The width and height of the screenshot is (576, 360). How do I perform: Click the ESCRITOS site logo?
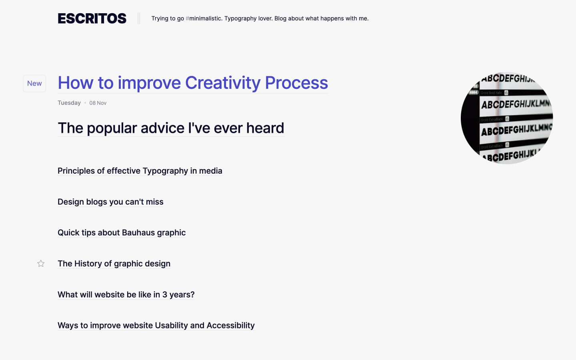(x=92, y=18)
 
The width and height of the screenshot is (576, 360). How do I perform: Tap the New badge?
(x=34, y=83)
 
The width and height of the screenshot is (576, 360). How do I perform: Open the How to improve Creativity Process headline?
(x=192, y=83)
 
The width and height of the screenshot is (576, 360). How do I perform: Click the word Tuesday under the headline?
(x=69, y=103)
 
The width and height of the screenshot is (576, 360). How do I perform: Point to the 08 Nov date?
(x=98, y=103)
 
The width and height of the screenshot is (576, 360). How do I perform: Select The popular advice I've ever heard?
(x=171, y=128)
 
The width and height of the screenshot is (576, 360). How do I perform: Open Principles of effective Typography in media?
(x=140, y=171)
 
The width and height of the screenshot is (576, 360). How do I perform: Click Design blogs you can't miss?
(x=110, y=202)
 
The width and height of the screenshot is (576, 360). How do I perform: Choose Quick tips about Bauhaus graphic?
(x=122, y=232)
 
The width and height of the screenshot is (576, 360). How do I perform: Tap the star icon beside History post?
(x=41, y=263)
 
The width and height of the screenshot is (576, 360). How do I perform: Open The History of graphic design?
(x=114, y=264)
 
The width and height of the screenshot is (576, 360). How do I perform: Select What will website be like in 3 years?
(x=126, y=294)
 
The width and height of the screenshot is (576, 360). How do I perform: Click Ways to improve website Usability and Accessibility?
(x=156, y=325)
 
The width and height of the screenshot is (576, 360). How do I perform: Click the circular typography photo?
(x=507, y=118)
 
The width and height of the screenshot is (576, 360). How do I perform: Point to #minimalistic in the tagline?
(x=204, y=18)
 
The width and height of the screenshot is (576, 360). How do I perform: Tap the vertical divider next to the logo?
(x=139, y=18)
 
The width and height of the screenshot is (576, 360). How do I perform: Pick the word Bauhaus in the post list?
(x=138, y=232)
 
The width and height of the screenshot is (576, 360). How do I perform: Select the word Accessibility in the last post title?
(x=230, y=325)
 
